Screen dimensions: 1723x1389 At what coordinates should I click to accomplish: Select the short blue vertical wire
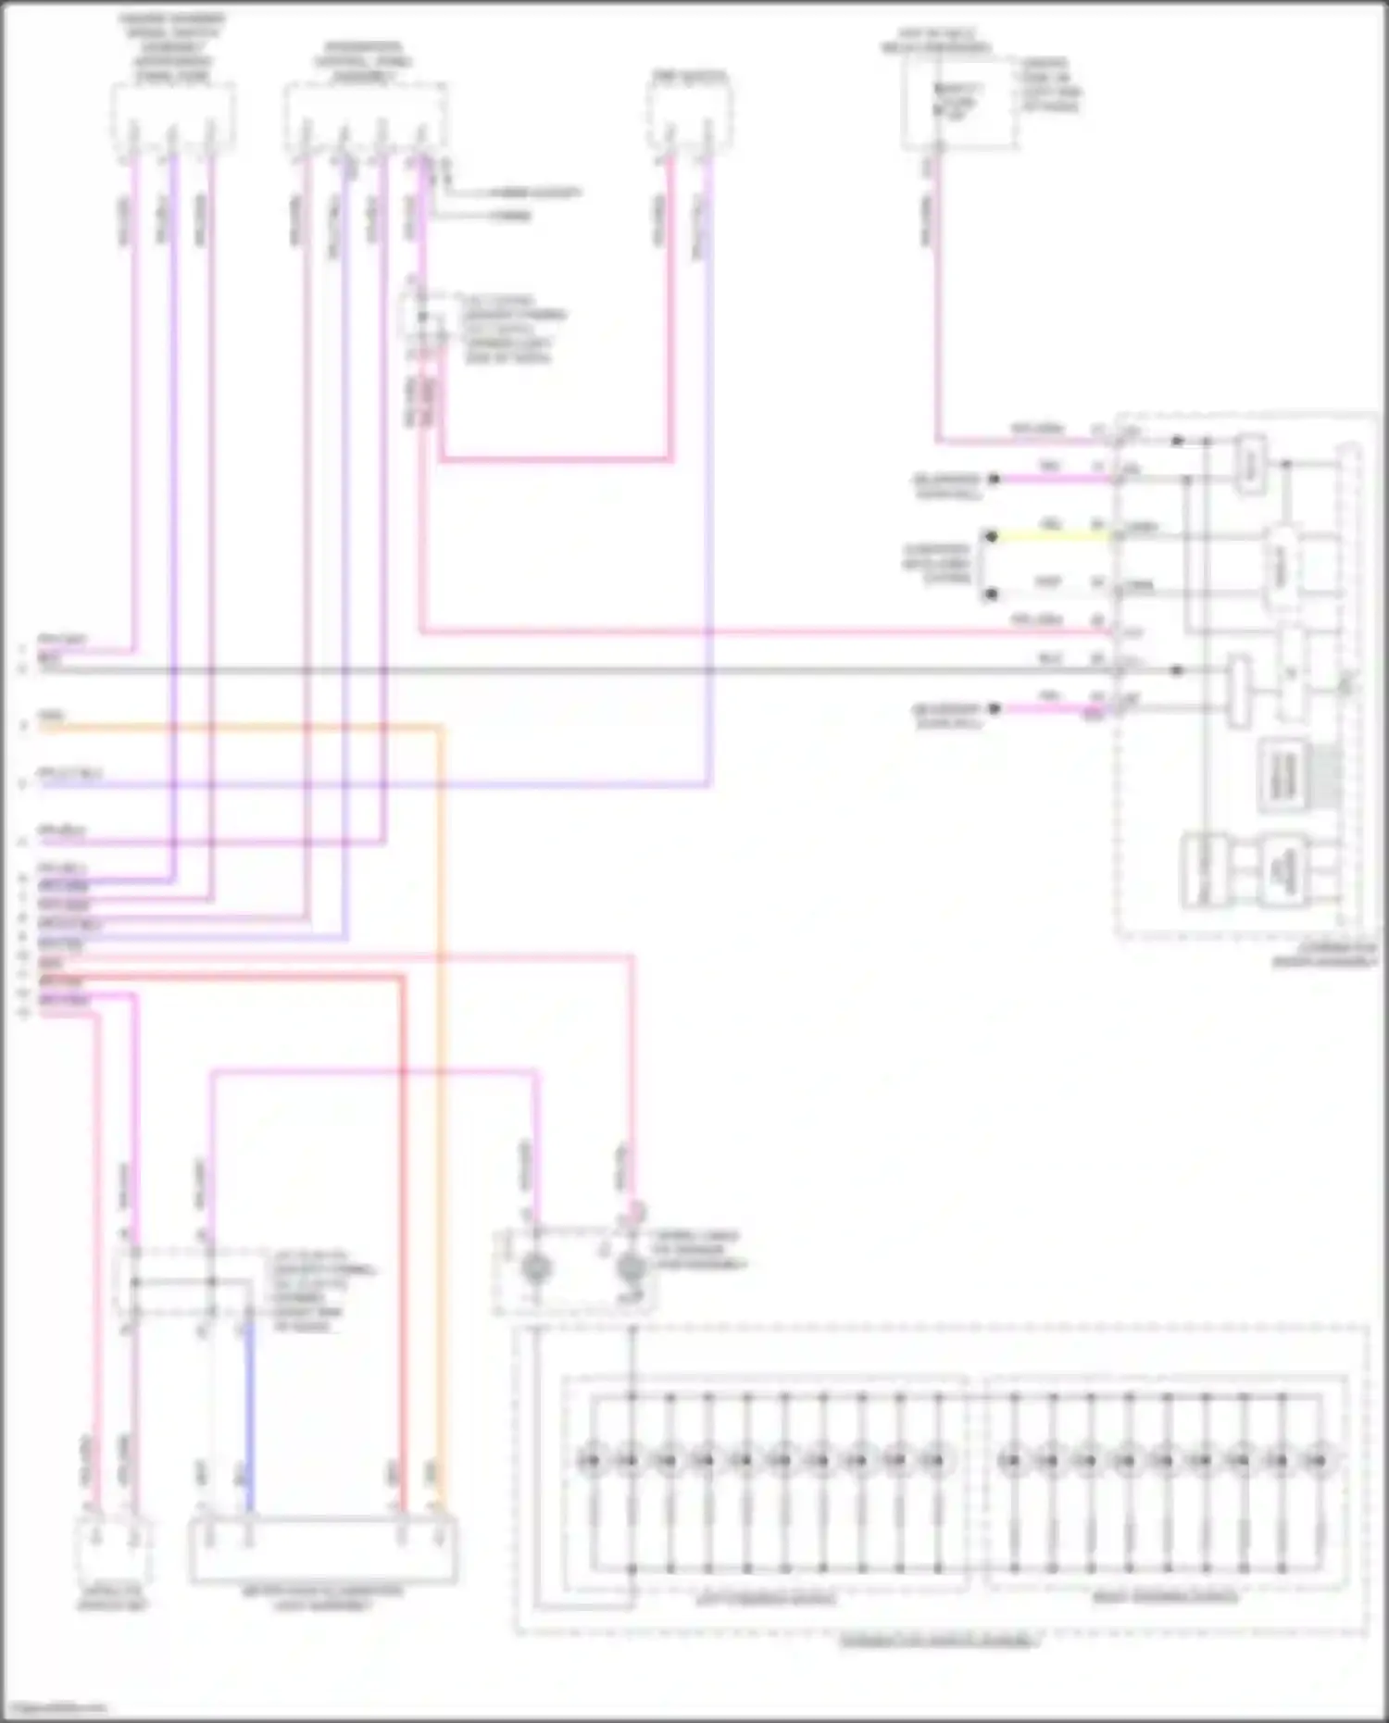(247, 1417)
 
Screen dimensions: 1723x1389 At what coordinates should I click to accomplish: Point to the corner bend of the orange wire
(439, 729)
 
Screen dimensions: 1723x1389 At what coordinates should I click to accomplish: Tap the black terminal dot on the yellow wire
(991, 536)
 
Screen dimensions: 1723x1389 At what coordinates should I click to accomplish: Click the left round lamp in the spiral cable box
(536, 1268)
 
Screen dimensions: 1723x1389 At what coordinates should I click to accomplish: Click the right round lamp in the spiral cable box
(632, 1268)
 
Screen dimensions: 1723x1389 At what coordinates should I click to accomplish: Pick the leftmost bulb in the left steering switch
(591, 1461)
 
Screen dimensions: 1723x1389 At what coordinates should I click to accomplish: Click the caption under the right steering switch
(1165, 1597)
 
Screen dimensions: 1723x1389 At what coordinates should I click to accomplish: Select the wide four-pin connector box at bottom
(323, 1551)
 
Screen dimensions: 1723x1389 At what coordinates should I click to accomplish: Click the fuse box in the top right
(957, 104)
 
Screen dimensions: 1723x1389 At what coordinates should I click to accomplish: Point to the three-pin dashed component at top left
(172, 118)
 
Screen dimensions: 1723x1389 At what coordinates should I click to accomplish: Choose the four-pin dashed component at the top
(365, 118)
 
